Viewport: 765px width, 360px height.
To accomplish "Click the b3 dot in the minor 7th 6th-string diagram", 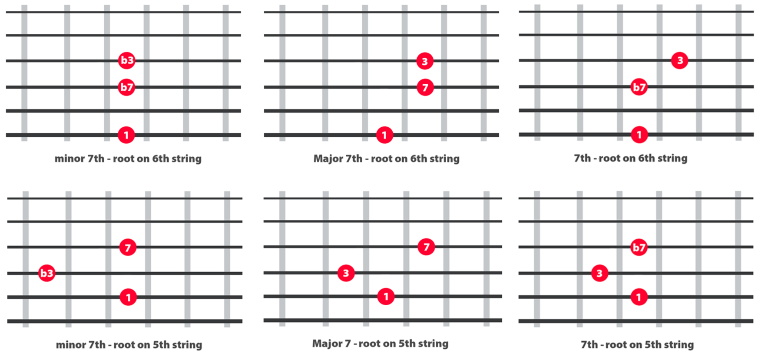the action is pyautogui.click(x=127, y=60).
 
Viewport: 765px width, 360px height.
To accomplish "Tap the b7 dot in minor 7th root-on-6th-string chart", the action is pyautogui.click(x=127, y=87).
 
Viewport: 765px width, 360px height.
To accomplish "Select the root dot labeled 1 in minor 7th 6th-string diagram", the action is pyautogui.click(x=126, y=135).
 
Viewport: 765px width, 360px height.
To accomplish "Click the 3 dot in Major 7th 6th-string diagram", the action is pyautogui.click(x=425, y=61).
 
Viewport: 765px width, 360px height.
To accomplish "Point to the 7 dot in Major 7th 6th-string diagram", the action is pyautogui.click(x=425, y=88).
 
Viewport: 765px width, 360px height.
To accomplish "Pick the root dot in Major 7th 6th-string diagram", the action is pyautogui.click(x=384, y=135).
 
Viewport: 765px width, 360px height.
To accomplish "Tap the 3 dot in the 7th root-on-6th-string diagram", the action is pyautogui.click(x=680, y=60).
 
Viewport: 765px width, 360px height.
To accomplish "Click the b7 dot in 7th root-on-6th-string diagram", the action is pyautogui.click(x=639, y=87).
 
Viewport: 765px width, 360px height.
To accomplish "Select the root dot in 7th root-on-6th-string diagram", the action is pyautogui.click(x=639, y=135).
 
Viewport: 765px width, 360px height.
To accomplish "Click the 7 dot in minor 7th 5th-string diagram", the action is pyautogui.click(x=128, y=248).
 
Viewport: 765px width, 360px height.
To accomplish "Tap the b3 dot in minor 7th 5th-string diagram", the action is pyautogui.click(x=46, y=273).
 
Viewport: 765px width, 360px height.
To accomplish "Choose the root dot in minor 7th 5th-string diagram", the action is pyautogui.click(x=128, y=297).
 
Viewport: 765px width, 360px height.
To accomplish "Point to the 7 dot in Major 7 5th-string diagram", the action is pyautogui.click(x=426, y=247).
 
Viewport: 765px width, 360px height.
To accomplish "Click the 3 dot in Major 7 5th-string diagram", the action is pyautogui.click(x=346, y=273).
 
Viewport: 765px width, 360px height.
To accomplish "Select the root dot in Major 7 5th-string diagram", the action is pyautogui.click(x=386, y=297).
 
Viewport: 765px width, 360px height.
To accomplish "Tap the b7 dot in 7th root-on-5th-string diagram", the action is pyautogui.click(x=639, y=248).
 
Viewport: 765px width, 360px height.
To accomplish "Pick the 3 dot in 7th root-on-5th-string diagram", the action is pyautogui.click(x=599, y=273).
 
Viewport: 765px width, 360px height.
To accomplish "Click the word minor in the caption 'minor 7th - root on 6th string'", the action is pyautogui.click(x=70, y=159).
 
